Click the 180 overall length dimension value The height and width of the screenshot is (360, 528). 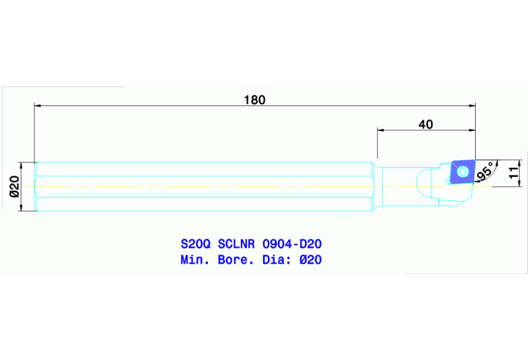(254, 99)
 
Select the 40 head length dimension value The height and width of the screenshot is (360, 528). (425, 124)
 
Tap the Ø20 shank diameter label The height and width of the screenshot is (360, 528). (13, 187)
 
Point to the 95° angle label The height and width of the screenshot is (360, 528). (485, 172)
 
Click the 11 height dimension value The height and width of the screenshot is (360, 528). (513, 172)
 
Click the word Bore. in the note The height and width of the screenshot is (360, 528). (235, 260)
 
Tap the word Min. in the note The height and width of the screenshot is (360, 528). (195, 260)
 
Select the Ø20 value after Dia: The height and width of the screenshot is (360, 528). (312, 260)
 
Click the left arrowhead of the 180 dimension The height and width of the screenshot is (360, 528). (39, 106)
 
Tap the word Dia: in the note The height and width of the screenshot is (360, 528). (278, 260)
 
